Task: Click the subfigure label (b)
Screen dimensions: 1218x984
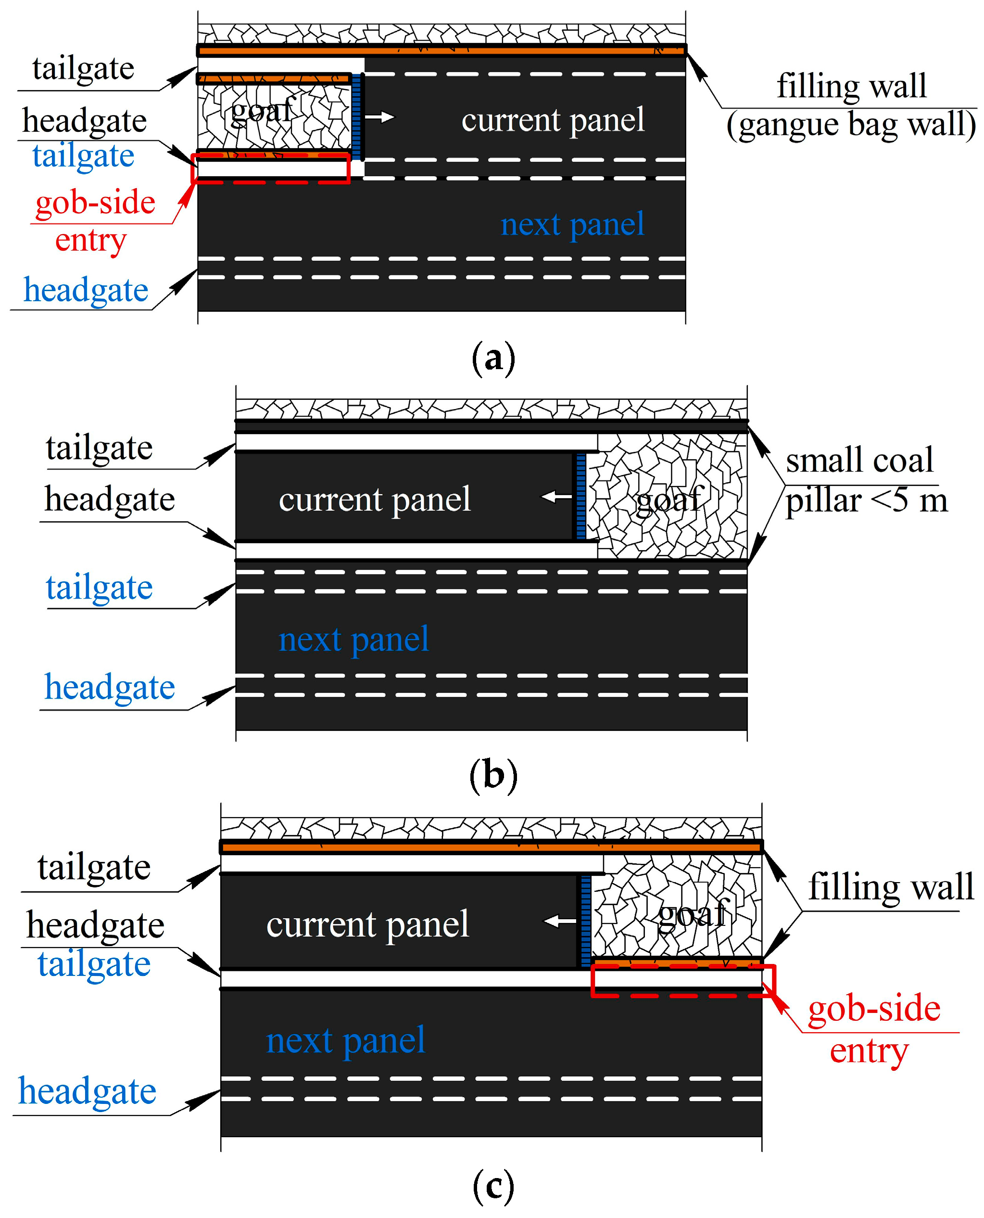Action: pyautogui.click(x=493, y=775)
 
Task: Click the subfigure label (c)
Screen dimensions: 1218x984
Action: pyautogui.click(x=493, y=1187)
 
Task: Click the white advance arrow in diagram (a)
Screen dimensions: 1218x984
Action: pyautogui.click(x=380, y=117)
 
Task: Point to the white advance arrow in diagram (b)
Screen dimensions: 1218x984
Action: pyautogui.click(x=556, y=497)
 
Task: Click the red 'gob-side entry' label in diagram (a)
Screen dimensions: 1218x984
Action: pyautogui.click(x=95, y=221)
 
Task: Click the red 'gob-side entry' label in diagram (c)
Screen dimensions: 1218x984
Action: pyautogui.click(x=873, y=1028)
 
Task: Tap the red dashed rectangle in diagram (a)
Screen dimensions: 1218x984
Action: pyautogui.click(x=271, y=168)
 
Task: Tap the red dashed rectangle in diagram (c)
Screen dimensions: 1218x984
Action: pyautogui.click(x=682, y=980)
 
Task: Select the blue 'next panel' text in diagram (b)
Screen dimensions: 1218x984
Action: pyautogui.click(x=353, y=640)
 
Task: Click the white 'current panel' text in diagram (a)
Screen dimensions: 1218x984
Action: pyautogui.click(x=553, y=120)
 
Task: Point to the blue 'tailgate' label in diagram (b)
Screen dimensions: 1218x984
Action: pyautogui.click(x=99, y=587)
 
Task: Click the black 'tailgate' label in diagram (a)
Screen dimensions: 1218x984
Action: pyautogui.click(x=83, y=69)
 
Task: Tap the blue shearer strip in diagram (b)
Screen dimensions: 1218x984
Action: pyautogui.click(x=580, y=497)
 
